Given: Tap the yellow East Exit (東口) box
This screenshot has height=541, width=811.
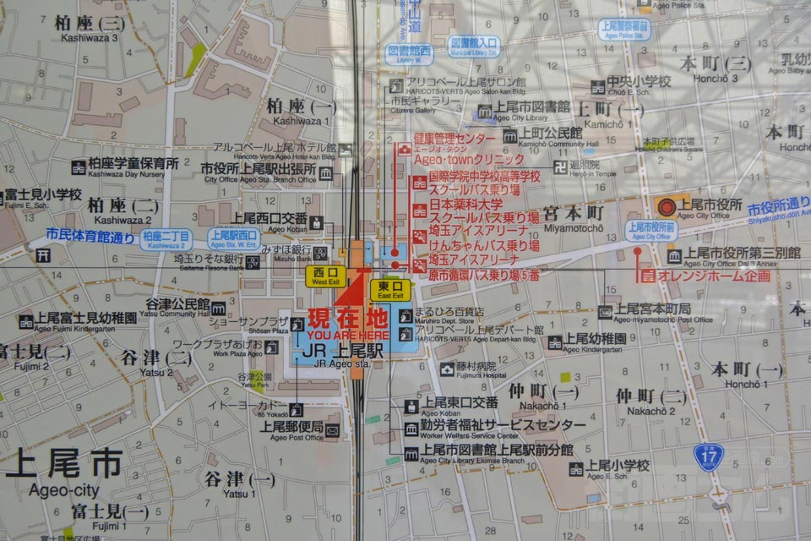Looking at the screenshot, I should click(x=390, y=290).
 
